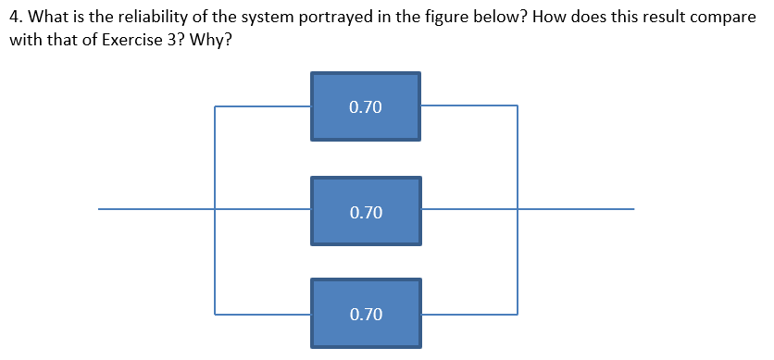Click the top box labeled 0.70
pyautogui.click(x=366, y=106)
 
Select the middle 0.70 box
pyautogui.click(x=366, y=212)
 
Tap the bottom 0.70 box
pyautogui.click(x=366, y=314)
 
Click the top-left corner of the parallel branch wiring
pyautogui.click(x=215, y=106)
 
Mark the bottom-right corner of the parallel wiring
pyautogui.click(x=518, y=314)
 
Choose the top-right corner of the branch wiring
pyautogui.click(x=518, y=106)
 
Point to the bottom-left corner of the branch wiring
pyautogui.click(x=215, y=314)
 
